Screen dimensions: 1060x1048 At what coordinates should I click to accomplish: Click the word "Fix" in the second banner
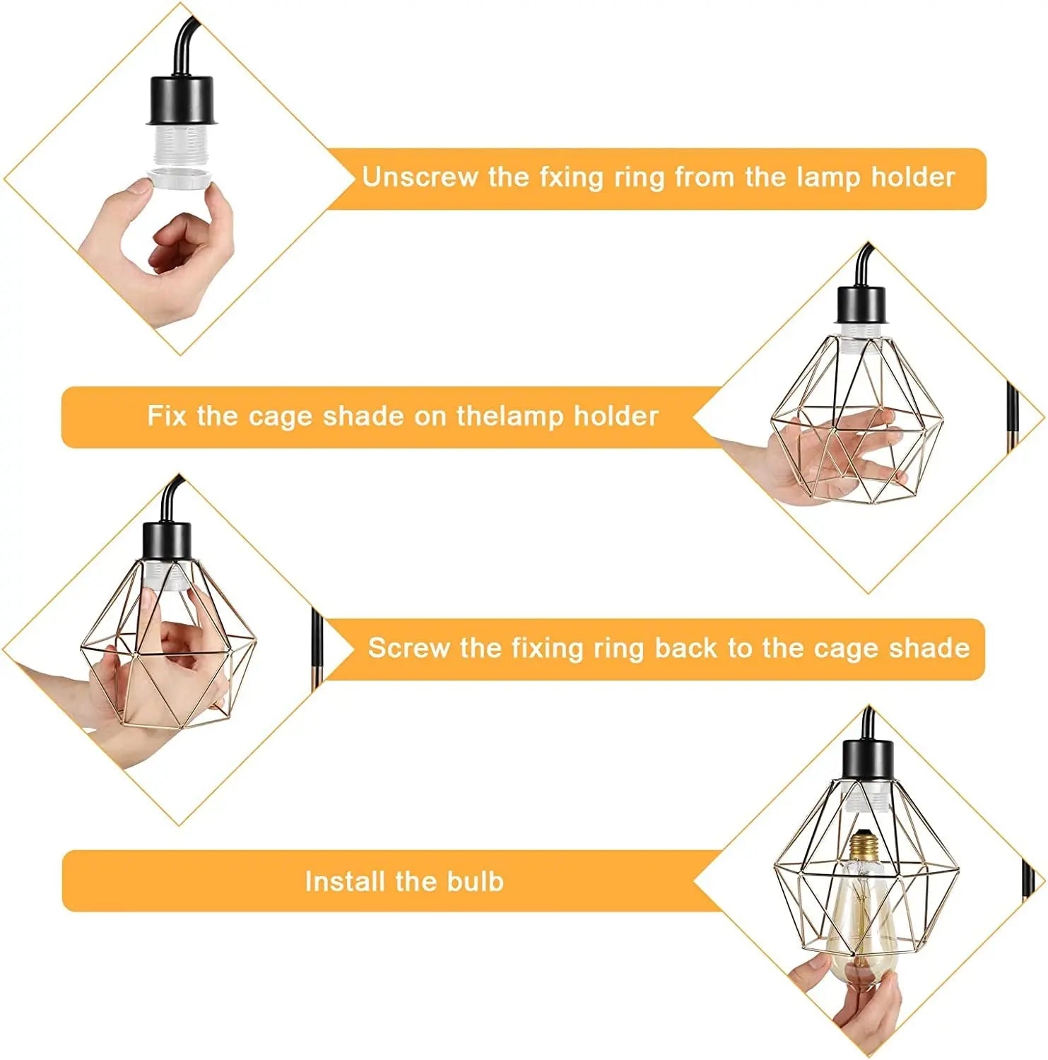[167, 416]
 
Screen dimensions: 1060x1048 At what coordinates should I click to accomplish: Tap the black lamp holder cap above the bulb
[868, 758]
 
